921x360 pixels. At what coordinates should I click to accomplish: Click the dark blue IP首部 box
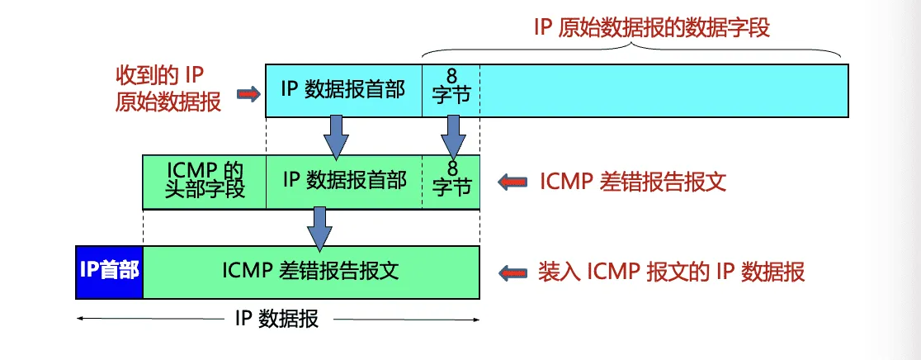click(109, 272)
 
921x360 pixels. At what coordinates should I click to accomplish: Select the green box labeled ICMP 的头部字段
click(205, 180)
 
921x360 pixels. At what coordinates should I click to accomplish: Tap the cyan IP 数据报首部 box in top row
click(343, 90)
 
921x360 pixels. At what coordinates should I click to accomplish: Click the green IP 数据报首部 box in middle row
click(343, 180)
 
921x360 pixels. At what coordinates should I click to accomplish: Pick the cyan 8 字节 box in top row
click(451, 90)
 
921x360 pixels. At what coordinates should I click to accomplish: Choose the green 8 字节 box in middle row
click(451, 180)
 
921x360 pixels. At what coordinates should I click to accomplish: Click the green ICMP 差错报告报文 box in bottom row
click(311, 272)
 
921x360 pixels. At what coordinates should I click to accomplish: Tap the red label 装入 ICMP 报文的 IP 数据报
click(672, 272)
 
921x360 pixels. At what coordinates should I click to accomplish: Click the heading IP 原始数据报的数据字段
click(651, 26)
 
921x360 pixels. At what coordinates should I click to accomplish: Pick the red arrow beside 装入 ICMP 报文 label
click(513, 272)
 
